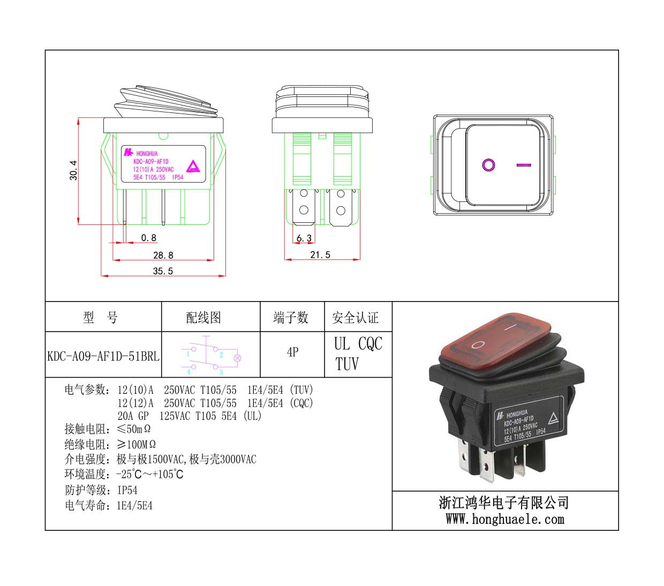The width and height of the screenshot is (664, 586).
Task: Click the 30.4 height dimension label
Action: point(73,170)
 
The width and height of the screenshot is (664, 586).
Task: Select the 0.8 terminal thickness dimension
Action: point(148,237)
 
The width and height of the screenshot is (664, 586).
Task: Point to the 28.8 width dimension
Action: point(163,255)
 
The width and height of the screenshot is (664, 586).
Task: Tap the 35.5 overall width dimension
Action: point(163,271)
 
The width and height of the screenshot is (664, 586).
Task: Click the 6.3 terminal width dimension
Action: point(304,238)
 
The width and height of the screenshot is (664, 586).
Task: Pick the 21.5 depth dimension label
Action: point(320,254)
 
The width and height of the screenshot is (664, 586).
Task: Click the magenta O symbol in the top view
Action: point(488,164)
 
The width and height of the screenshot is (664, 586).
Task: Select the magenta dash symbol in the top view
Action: point(524,164)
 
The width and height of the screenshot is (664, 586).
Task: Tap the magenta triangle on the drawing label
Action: point(193,167)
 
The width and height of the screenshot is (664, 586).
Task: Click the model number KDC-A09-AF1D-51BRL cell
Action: point(103,356)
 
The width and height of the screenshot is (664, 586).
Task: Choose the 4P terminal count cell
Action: point(293,352)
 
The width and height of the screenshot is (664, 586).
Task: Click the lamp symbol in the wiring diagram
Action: point(237,358)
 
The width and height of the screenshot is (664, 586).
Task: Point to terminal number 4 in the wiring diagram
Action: point(188,372)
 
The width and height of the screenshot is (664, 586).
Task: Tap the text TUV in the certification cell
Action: point(347,364)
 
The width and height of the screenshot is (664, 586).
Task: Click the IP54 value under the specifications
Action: point(127,490)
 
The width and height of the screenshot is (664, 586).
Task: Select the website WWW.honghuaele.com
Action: point(505,519)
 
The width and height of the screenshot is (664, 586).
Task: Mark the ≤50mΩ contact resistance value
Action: point(133,429)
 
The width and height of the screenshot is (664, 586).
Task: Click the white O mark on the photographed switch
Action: point(478,344)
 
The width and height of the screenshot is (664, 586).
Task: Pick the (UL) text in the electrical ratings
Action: point(252,416)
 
